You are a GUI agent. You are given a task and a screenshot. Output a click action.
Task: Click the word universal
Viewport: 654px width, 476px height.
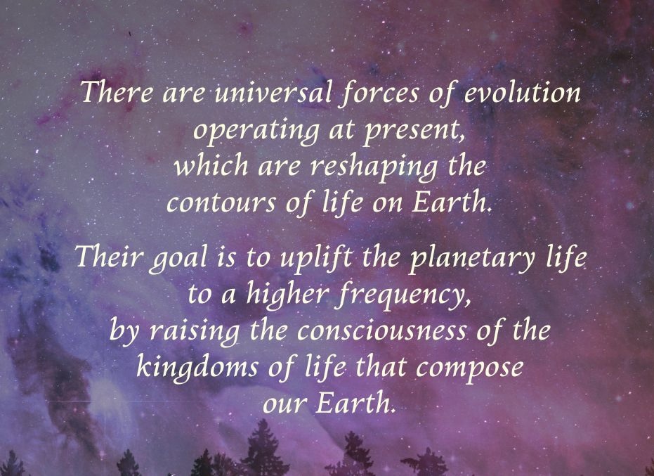click(273, 92)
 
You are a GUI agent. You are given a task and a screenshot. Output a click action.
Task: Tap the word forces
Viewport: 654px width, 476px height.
click(379, 93)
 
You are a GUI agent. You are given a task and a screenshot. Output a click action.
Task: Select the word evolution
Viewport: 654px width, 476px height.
click(522, 92)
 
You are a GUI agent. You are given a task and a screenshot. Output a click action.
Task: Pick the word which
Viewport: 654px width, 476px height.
click(211, 165)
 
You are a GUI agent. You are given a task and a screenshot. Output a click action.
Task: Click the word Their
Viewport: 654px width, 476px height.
click(108, 256)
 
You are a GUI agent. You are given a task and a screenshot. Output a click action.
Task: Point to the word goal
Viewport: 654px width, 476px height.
click(178, 259)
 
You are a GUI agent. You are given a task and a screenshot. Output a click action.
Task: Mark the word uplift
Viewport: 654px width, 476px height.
click(315, 259)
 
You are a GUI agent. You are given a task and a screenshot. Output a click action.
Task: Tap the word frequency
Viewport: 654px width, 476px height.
click(404, 295)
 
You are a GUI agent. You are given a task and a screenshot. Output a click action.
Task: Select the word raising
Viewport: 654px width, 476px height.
click(195, 332)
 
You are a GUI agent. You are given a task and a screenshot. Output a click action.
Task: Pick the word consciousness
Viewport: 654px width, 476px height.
click(382, 331)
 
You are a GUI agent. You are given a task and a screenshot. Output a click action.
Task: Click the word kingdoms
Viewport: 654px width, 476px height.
click(197, 368)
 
